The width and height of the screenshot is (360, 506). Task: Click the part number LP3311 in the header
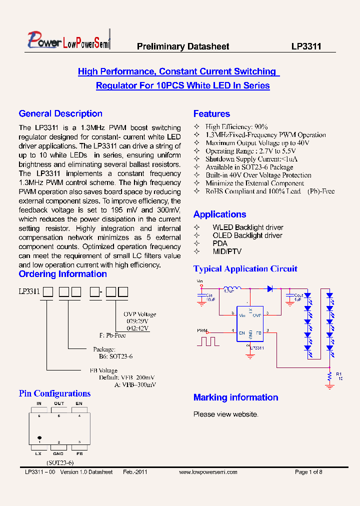(306, 46)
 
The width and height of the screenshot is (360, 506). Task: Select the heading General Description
(60, 113)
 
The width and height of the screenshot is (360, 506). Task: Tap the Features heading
(211, 113)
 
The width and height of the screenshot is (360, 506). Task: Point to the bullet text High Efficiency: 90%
(236, 127)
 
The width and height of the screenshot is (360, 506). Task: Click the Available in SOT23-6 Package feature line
(249, 167)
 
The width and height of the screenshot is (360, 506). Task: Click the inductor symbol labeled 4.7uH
(231, 288)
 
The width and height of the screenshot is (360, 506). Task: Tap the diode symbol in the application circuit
(269, 288)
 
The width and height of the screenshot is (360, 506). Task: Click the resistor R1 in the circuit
(329, 375)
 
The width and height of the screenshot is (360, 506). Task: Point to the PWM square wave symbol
(208, 342)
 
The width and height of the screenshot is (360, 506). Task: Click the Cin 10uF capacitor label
(209, 297)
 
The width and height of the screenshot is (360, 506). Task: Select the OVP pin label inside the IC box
(257, 315)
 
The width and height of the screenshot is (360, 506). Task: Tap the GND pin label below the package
(59, 453)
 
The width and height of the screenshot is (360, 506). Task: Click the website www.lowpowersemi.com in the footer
(207, 472)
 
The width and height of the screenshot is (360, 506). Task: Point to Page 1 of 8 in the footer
(308, 472)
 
